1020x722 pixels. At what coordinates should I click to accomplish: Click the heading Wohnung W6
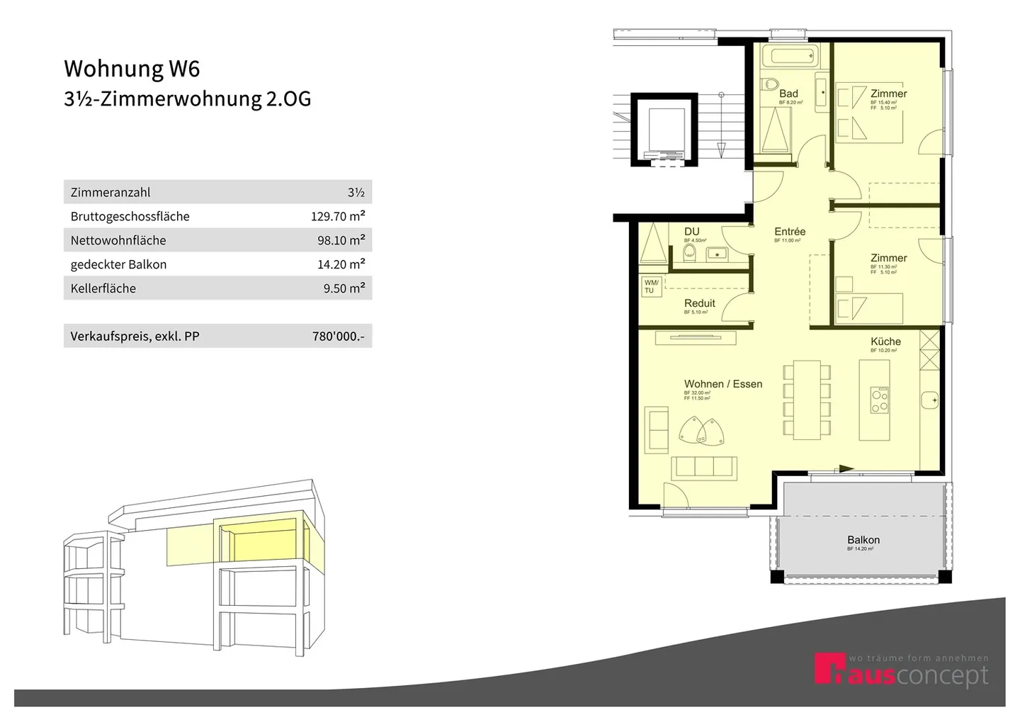pos(132,69)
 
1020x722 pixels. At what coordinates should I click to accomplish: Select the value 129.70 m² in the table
pos(338,216)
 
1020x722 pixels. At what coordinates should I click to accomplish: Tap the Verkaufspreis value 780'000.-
pos(338,337)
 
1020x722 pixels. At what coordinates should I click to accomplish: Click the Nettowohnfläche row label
pos(118,240)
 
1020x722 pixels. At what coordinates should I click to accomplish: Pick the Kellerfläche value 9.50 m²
pos(344,288)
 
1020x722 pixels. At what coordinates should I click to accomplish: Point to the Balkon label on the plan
pos(863,540)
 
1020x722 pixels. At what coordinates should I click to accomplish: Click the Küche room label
pos(885,342)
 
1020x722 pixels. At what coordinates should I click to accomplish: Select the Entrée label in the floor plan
pos(790,232)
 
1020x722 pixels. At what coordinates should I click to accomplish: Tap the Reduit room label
pos(699,303)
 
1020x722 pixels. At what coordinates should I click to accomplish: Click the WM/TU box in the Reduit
pos(650,286)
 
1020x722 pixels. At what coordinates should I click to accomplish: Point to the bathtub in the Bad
pos(793,56)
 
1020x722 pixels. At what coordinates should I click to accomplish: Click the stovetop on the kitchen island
pos(879,401)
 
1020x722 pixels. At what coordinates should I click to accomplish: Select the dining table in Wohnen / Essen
pos(806,400)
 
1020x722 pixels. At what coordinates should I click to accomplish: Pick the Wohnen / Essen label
pos(723,384)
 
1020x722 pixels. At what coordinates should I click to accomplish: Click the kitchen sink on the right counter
pos(930,400)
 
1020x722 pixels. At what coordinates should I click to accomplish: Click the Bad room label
pos(788,94)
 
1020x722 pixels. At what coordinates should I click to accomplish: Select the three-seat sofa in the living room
pos(705,467)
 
